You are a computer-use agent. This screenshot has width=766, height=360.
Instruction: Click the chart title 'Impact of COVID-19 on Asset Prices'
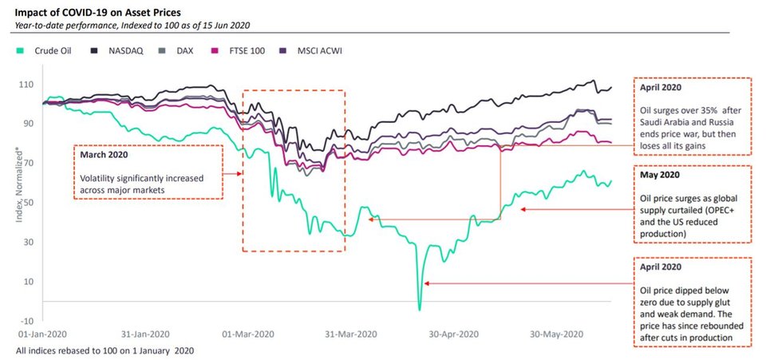(95, 12)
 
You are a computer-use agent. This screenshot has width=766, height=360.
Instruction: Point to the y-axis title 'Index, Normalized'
(17, 191)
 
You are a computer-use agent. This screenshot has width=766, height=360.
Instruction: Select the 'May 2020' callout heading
(659, 174)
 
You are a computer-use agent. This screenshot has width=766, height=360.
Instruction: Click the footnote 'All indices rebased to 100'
(105, 350)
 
